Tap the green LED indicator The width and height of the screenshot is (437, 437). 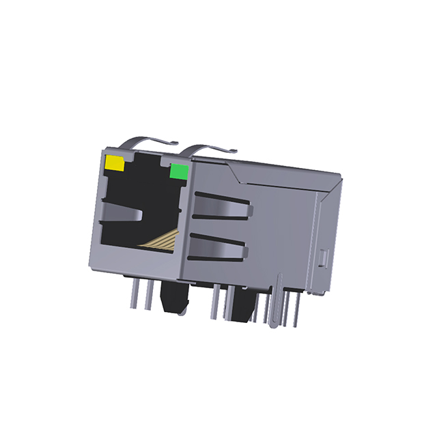179,171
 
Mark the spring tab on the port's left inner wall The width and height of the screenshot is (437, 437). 122,216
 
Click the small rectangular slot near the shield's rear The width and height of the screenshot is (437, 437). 324,259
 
